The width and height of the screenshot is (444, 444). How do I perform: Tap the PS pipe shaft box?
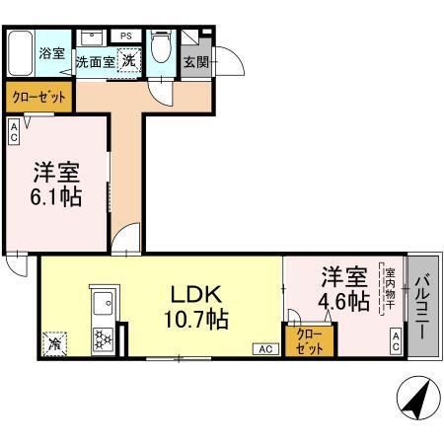(x=125, y=37)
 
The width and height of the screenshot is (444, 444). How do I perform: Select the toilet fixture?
(x=161, y=49)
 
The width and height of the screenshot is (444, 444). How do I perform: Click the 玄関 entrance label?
(x=195, y=62)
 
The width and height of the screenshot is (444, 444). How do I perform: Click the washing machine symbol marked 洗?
(x=129, y=60)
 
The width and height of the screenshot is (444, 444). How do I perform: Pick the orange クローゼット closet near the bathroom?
(x=39, y=98)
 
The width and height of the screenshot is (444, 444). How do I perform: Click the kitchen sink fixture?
(x=103, y=303)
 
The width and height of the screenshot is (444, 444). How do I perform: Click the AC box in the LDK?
(x=265, y=348)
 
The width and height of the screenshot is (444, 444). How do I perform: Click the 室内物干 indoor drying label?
(x=390, y=292)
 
